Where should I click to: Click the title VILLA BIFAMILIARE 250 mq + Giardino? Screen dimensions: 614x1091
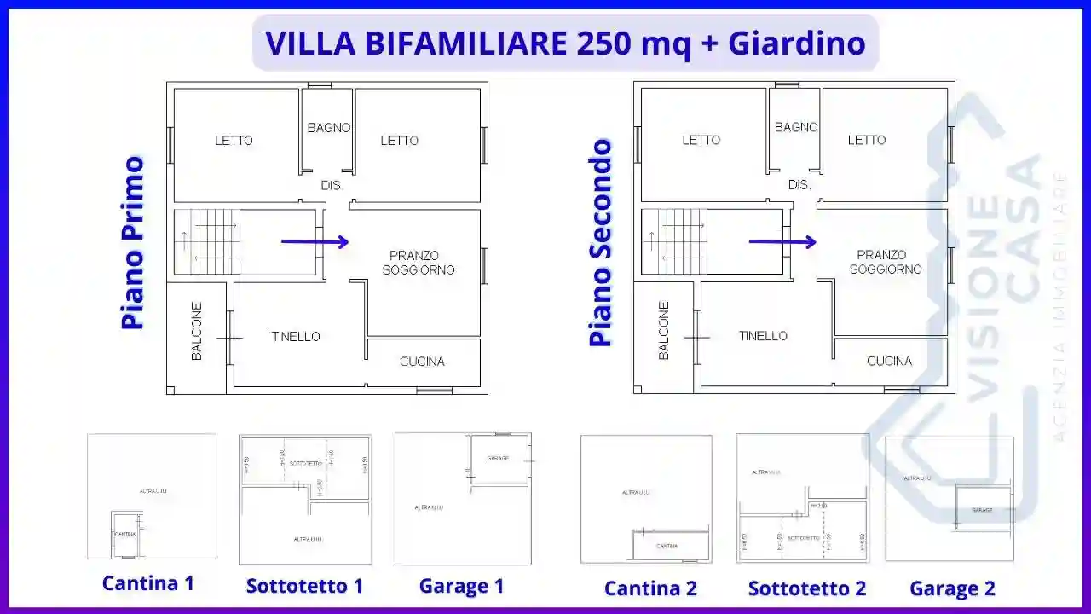click(565, 43)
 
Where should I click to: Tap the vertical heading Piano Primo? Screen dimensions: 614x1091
click(133, 242)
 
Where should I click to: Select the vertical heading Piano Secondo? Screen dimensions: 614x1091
click(601, 243)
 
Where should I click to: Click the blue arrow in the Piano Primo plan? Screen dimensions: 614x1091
click(315, 242)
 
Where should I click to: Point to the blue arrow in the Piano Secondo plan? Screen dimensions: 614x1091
click(782, 242)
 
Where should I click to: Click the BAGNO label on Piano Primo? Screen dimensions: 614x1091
click(329, 128)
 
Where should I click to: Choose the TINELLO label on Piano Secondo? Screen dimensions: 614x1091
click(763, 336)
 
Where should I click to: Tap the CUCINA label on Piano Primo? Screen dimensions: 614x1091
click(422, 362)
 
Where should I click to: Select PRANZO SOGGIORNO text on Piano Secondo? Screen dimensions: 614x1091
click(886, 262)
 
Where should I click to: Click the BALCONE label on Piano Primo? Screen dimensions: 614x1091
click(197, 331)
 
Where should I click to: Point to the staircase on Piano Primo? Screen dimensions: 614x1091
click(207, 242)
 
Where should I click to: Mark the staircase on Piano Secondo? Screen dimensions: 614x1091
click(674, 242)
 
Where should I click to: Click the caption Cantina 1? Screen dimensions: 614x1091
click(148, 583)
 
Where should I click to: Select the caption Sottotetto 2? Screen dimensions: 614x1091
click(807, 588)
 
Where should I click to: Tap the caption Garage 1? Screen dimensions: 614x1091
click(461, 587)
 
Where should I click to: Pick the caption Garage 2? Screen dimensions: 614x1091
click(952, 588)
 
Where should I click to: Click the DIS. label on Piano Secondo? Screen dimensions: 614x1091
click(799, 185)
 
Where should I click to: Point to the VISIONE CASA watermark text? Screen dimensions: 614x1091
click(1006, 256)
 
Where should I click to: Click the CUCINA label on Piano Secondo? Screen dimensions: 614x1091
click(889, 362)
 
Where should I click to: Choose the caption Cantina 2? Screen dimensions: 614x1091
click(650, 588)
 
